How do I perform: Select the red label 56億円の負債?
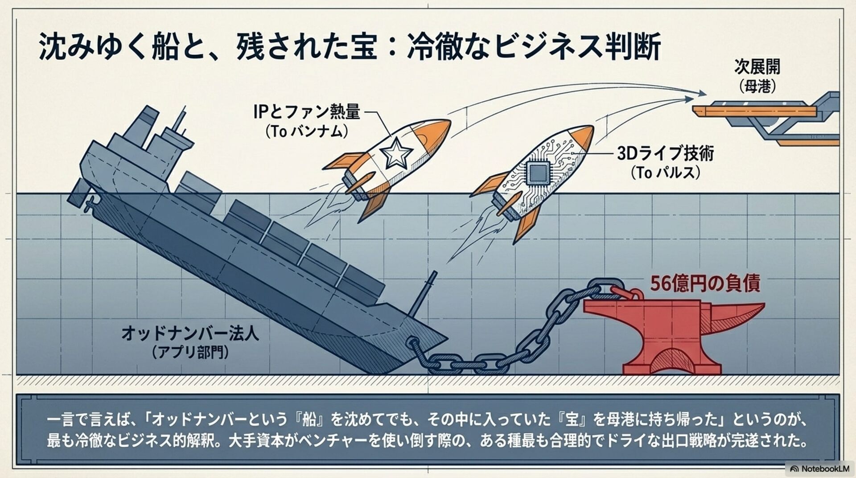coord(705,283)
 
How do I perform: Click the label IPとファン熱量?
coord(306,111)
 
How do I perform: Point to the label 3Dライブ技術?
coord(665,154)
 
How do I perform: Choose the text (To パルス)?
coord(665,173)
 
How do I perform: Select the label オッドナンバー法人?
coord(190,333)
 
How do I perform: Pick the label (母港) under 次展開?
coord(757,86)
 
